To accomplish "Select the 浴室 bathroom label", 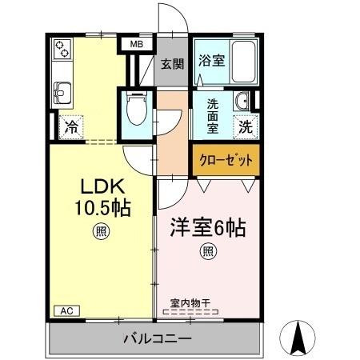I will (211, 60).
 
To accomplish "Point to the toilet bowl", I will (137, 109).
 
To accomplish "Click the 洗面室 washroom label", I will (214, 115).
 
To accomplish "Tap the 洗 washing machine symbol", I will (244, 126).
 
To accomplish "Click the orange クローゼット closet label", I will (226, 160).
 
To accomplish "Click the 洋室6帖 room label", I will (207, 227).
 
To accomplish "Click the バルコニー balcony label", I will (157, 338).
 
